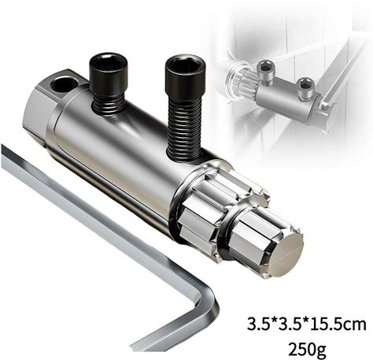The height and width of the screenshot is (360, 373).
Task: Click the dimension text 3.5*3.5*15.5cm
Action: [306, 324]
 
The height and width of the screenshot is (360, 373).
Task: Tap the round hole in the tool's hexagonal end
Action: [64, 84]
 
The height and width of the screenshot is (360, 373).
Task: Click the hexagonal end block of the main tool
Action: [43, 110]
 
